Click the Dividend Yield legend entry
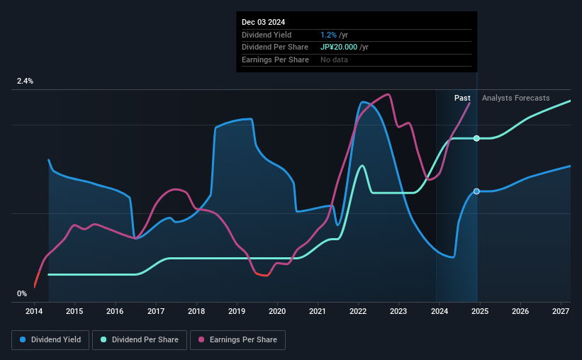[x=50, y=340]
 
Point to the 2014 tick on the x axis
[x=34, y=311]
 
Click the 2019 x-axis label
[x=237, y=311]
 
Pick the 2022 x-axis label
[x=358, y=311]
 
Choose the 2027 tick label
[x=560, y=311]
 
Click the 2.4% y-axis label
[x=26, y=81]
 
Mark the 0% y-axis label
[x=22, y=294]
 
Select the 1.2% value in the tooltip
[x=328, y=35]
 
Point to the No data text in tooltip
[x=334, y=60]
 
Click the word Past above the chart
[x=463, y=98]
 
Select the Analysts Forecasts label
[x=515, y=98]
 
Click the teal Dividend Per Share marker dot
[x=476, y=138]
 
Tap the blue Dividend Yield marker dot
[x=476, y=191]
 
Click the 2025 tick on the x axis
[x=479, y=311]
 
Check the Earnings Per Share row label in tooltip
[x=275, y=60]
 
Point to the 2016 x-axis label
[x=115, y=311]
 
